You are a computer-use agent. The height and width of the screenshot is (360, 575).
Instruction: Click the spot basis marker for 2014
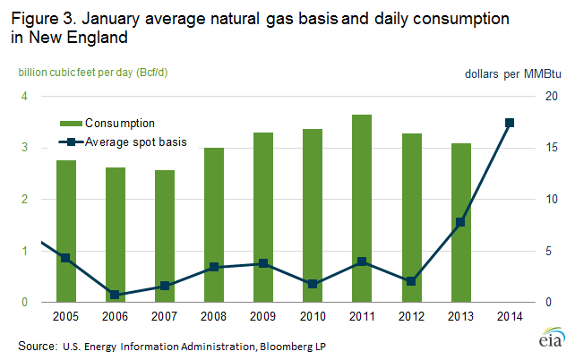pos(509,123)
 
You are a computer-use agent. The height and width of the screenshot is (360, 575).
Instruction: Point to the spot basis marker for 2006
pos(116,294)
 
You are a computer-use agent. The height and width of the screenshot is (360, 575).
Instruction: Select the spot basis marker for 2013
pos(459,222)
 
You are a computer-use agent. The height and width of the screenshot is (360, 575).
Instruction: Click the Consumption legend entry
pos(120,123)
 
